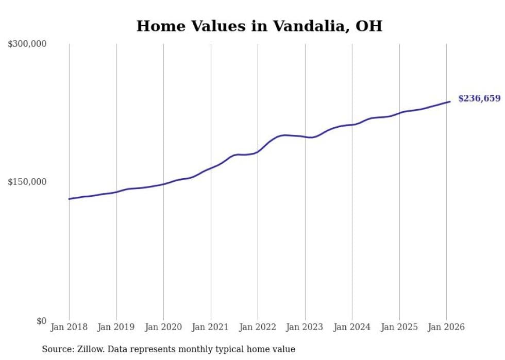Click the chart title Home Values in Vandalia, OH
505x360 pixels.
tap(259, 26)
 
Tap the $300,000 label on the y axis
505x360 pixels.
tap(27, 44)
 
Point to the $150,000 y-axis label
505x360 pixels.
tap(27, 182)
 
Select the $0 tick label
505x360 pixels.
tap(41, 321)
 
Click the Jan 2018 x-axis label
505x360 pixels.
tap(69, 327)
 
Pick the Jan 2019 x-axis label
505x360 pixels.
tap(116, 327)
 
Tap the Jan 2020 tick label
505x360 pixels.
tap(163, 327)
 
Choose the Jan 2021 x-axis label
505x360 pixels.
tap(211, 327)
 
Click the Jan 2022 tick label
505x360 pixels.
tap(258, 327)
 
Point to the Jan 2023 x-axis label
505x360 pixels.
tap(305, 327)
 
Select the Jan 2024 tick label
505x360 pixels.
tap(352, 327)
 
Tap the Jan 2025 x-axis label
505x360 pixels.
tap(399, 327)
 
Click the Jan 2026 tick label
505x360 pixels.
tap(446, 327)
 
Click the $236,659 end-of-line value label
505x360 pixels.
tap(479, 98)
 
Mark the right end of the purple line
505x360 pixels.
tap(450, 101)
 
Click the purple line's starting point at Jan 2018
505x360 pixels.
tap(69, 199)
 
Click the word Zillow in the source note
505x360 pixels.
tap(89, 349)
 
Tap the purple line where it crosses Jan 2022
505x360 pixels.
tap(258, 152)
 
